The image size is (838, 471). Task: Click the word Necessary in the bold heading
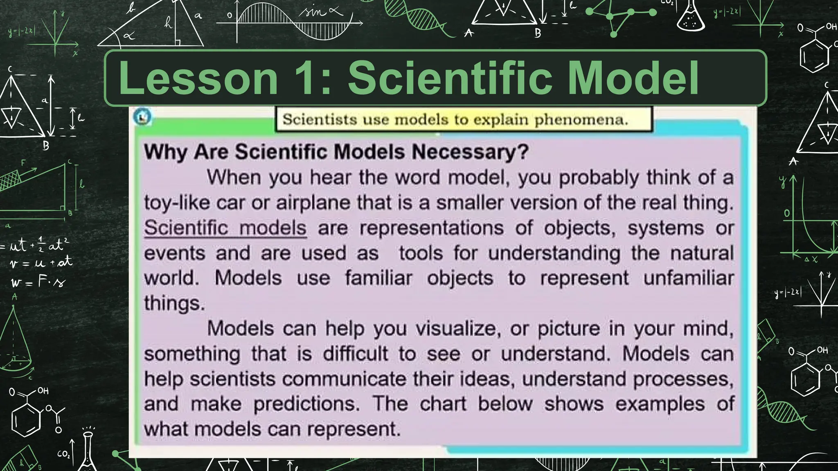pyautogui.click(x=470, y=152)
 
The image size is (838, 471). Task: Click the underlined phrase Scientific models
pyautogui.click(x=225, y=228)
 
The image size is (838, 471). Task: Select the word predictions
pyautogui.click(x=307, y=404)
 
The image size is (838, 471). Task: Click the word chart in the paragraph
pyautogui.click(x=443, y=404)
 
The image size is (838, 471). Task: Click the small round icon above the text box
pyautogui.click(x=142, y=117)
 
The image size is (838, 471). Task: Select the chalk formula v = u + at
pyautogui.click(x=41, y=262)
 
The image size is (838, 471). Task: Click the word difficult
pyautogui.click(x=355, y=354)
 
